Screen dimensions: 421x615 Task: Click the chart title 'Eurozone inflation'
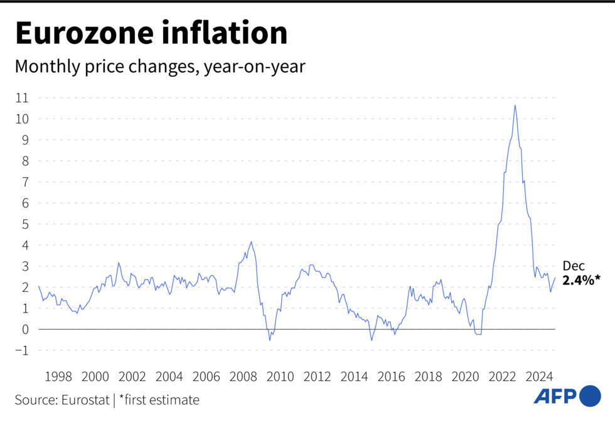click(x=151, y=33)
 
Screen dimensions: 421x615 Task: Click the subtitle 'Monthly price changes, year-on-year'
click(x=160, y=66)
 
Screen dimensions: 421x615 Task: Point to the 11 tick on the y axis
click(x=23, y=98)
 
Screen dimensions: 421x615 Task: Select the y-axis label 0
click(x=26, y=330)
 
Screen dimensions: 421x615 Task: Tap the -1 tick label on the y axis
click(x=23, y=351)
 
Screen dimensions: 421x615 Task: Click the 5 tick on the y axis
click(x=26, y=224)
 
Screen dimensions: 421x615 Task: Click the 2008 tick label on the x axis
click(x=243, y=377)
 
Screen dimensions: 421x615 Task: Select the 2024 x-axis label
click(x=539, y=377)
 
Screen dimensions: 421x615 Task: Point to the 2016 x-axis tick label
click(x=391, y=377)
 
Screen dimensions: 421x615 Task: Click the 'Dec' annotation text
click(x=573, y=266)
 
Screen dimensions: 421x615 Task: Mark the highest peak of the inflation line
click(x=515, y=105)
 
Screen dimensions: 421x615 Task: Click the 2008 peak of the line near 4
click(x=251, y=242)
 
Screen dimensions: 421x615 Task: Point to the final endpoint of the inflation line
click(x=555, y=278)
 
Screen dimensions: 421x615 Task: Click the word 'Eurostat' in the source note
click(x=83, y=400)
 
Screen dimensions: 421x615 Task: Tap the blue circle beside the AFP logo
click(x=590, y=396)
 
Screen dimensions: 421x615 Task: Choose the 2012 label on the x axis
click(x=317, y=377)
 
